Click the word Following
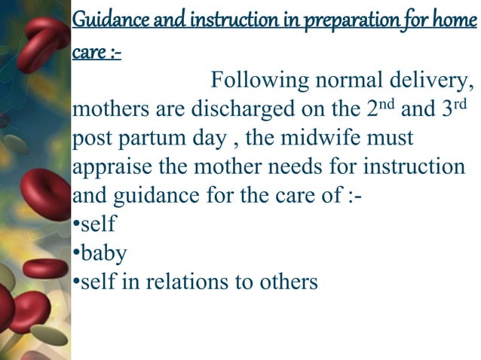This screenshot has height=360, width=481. point(262,80)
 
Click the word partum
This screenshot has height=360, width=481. point(150,139)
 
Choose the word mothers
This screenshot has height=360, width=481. point(110,109)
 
